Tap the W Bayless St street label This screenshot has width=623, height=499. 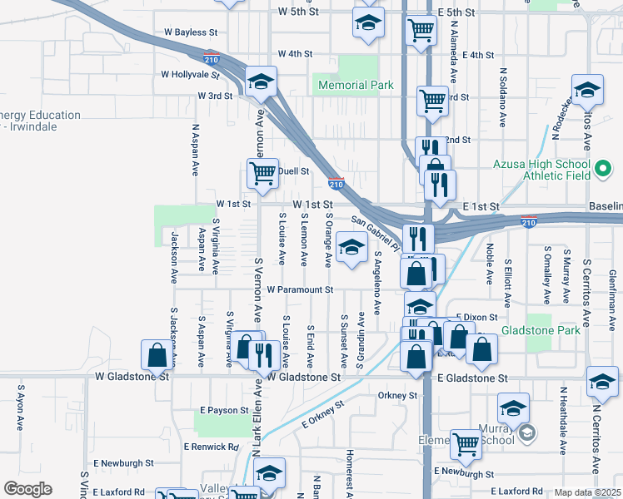click(190, 32)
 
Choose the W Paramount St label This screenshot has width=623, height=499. click(300, 290)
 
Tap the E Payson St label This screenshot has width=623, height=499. click(224, 410)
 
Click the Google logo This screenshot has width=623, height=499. click(27, 489)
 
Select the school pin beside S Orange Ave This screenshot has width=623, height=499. click(351, 248)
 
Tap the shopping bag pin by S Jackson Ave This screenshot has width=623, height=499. click(157, 355)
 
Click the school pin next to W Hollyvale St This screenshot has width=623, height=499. click(261, 82)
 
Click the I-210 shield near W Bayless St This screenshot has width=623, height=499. click(212, 57)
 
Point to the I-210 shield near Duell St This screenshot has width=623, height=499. click(336, 181)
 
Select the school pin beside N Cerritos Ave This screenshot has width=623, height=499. click(601, 382)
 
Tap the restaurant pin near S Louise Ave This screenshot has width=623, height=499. click(264, 355)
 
